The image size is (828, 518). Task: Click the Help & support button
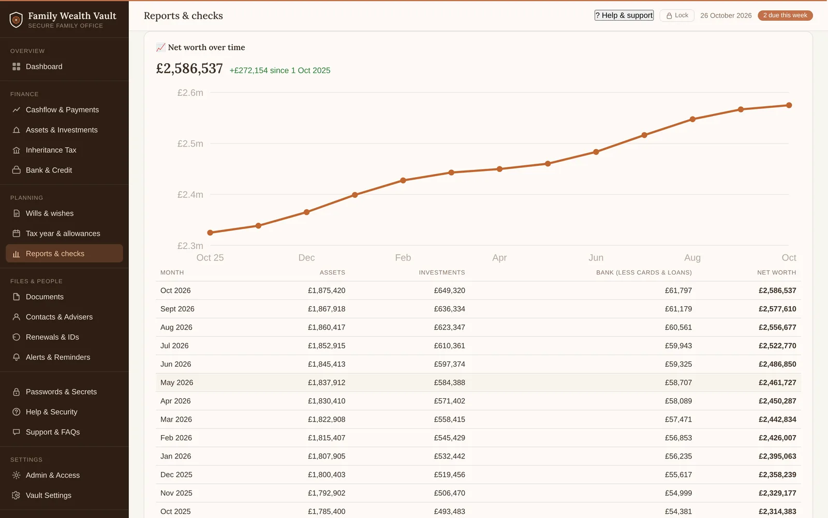624,15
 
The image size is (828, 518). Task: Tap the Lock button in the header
677,15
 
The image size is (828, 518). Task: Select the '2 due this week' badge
785,15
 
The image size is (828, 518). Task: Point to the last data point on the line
789,105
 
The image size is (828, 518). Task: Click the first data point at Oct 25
210,233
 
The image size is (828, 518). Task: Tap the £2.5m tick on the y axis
190,143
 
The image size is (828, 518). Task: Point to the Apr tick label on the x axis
499,257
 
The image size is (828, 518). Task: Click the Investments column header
442,272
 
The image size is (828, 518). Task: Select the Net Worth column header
776,272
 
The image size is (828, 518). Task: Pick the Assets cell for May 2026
327,382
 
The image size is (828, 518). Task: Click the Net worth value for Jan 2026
777,456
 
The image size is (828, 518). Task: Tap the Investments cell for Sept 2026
450,309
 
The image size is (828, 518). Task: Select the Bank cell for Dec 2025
678,474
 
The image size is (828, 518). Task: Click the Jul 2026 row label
174,346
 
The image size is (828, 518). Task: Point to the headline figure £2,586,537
189,68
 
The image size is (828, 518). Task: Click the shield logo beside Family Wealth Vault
16,20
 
